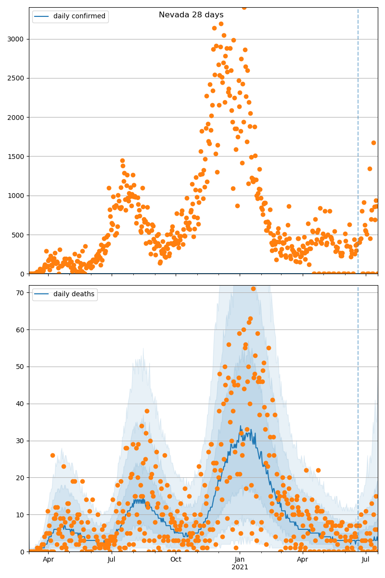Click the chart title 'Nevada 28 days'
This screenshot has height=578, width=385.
click(191, 15)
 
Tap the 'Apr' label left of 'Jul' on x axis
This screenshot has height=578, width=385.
click(48, 559)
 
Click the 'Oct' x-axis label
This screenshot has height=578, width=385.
click(176, 559)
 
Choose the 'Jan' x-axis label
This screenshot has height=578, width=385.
click(240, 559)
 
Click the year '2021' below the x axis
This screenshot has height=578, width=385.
click(240, 567)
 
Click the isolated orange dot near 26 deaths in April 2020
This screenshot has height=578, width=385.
click(52, 455)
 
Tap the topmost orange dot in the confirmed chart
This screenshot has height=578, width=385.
click(244, 7)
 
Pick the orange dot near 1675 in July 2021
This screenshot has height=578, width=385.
click(373, 143)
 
